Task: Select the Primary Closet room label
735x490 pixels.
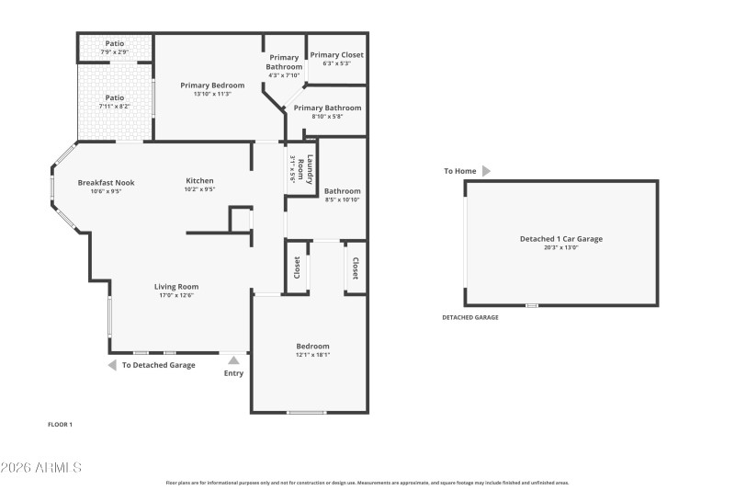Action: coord(336,55)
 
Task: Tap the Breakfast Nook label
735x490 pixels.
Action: coord(106,182)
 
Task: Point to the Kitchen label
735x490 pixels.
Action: coord(199,180)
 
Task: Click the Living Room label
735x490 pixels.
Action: coord(176,287)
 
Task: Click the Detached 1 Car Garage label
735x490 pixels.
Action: coord(560,239)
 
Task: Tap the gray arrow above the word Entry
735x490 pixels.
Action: coord(234,360)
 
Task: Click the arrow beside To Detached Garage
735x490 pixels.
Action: coord(112,365)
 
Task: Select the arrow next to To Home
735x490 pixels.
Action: coord(486,171)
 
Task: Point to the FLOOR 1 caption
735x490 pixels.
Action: coord(60,424)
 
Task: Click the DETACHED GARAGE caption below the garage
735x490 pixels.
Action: coord(469,317)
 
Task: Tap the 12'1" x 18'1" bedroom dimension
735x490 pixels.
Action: coord(312,355)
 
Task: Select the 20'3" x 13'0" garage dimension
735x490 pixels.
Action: coord(560,247)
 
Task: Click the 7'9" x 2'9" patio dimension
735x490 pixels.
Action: coord(115,52)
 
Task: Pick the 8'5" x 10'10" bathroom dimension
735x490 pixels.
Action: coord(342,199)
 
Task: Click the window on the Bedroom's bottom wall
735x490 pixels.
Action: coord(306,412)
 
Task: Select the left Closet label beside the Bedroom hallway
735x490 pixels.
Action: coord(297,268)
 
